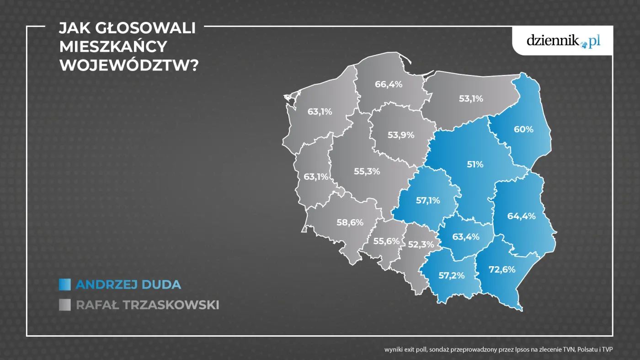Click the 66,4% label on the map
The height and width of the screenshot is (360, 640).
click(388, 84)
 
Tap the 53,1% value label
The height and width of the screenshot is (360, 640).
click(470, 98)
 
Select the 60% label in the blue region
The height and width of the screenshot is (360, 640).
click(523, 129)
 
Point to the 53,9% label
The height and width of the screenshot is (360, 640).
click(400, 135)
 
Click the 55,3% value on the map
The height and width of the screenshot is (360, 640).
click(367, 172)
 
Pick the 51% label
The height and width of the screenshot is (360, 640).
click(475, 164)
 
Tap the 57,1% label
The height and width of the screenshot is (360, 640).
click(428, 200)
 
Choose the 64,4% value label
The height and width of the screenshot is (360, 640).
click(521, 216)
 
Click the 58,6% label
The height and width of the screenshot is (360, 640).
click(350, 223)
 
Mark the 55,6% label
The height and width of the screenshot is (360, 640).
click(386, 241)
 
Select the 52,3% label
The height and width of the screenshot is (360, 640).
click(421, 245)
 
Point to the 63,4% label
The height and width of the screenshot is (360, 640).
click(466, 237)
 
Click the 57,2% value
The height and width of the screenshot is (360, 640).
click(452, 275)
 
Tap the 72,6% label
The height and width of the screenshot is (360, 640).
click(502, 269)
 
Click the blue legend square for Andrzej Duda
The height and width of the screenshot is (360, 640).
click(65, 285)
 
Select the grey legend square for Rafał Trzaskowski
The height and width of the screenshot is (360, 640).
click(65, 305)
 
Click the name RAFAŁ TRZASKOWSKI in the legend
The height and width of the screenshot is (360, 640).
click(147, 305)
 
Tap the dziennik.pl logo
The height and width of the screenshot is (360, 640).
click(563, 41)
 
